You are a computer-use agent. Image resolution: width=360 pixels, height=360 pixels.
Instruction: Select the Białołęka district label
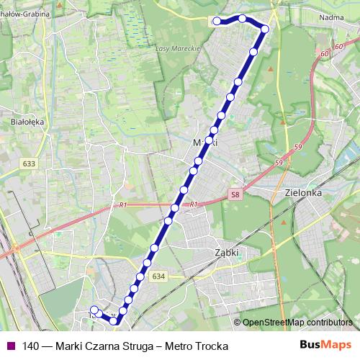click(x=28, y=122)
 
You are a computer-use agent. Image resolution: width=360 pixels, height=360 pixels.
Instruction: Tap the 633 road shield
click(x=29, y=163)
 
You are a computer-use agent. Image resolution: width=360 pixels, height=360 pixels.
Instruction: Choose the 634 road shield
click(x=158, y=276)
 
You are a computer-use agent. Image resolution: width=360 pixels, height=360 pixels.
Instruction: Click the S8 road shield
click(x=235, y=194)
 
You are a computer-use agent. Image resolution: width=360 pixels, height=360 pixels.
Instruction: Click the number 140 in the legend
click(x=31, y=346)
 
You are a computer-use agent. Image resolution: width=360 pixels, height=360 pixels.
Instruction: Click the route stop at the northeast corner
click(x=265, y=30)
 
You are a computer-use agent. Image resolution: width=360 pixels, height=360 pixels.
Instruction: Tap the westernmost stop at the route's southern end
click(x=94, y=310)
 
